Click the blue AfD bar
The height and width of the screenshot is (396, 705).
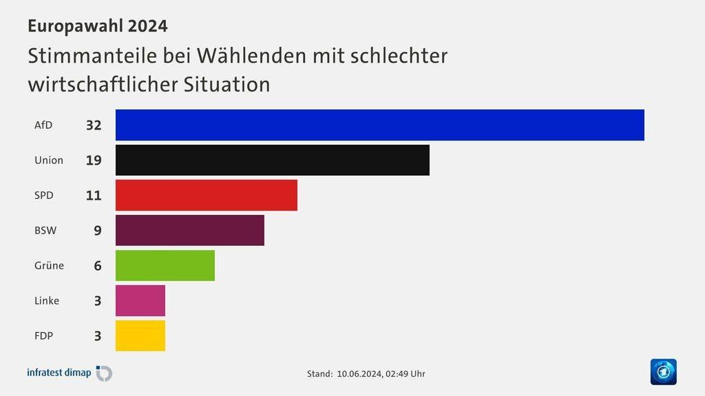pyautogui.click(x=379, y=125)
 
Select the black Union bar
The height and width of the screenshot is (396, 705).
pyautogui.click(x=272, y=160)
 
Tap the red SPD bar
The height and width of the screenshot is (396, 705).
pyautogui.click(x=206, y=195)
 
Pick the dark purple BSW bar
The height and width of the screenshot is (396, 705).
pyautogui.click(x=189, y=230)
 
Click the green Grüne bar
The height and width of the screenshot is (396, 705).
pyautogui.click(x=165, y=265)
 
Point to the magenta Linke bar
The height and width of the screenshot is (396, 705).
pyautogui.click(x=140, y=300)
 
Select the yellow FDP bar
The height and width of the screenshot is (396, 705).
pyautogui.click(x=140, y=335)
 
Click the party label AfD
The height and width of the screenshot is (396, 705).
pyautogui.click(x=43, y=125)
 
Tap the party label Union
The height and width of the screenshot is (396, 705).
pyautogui.click(x=49, y=160)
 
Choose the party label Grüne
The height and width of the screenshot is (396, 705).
pyautogui.click(x=49, y=265)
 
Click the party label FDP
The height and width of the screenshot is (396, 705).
pyautogui.click(x=44, y=335)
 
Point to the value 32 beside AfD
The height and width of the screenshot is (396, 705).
pyautogui.click(x=94, y=125)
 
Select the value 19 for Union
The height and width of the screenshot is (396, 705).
pyautogui.click(x=94, y=160)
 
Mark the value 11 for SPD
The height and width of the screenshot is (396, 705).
pyautogui.click(x=94, y=195)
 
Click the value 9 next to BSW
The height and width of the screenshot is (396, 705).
pyautogui.click(x=97, y=230)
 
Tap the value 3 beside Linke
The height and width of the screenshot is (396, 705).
pyautogui.click(x=97, y=300)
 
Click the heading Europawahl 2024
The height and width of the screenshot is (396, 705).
pyautogui.click(x=97, y=26)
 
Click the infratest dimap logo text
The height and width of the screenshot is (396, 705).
pyautogui.click(x=59, y=373)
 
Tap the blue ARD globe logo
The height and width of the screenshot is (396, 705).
pyautogui.click(x=663, y=372)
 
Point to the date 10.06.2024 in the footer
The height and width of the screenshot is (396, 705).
pyautogui.click(x=359, y=374)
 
